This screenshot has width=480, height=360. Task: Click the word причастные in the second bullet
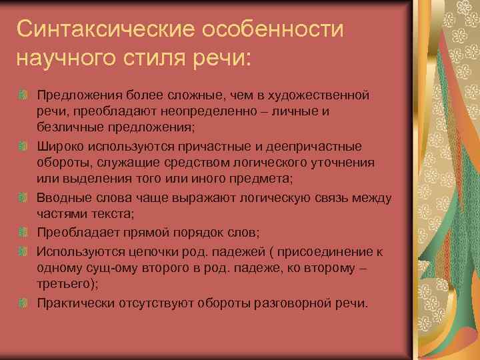[x=215, y=146]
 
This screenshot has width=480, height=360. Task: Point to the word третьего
[x=65, y=283]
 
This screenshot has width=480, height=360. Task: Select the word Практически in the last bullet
[x=75, y=303]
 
